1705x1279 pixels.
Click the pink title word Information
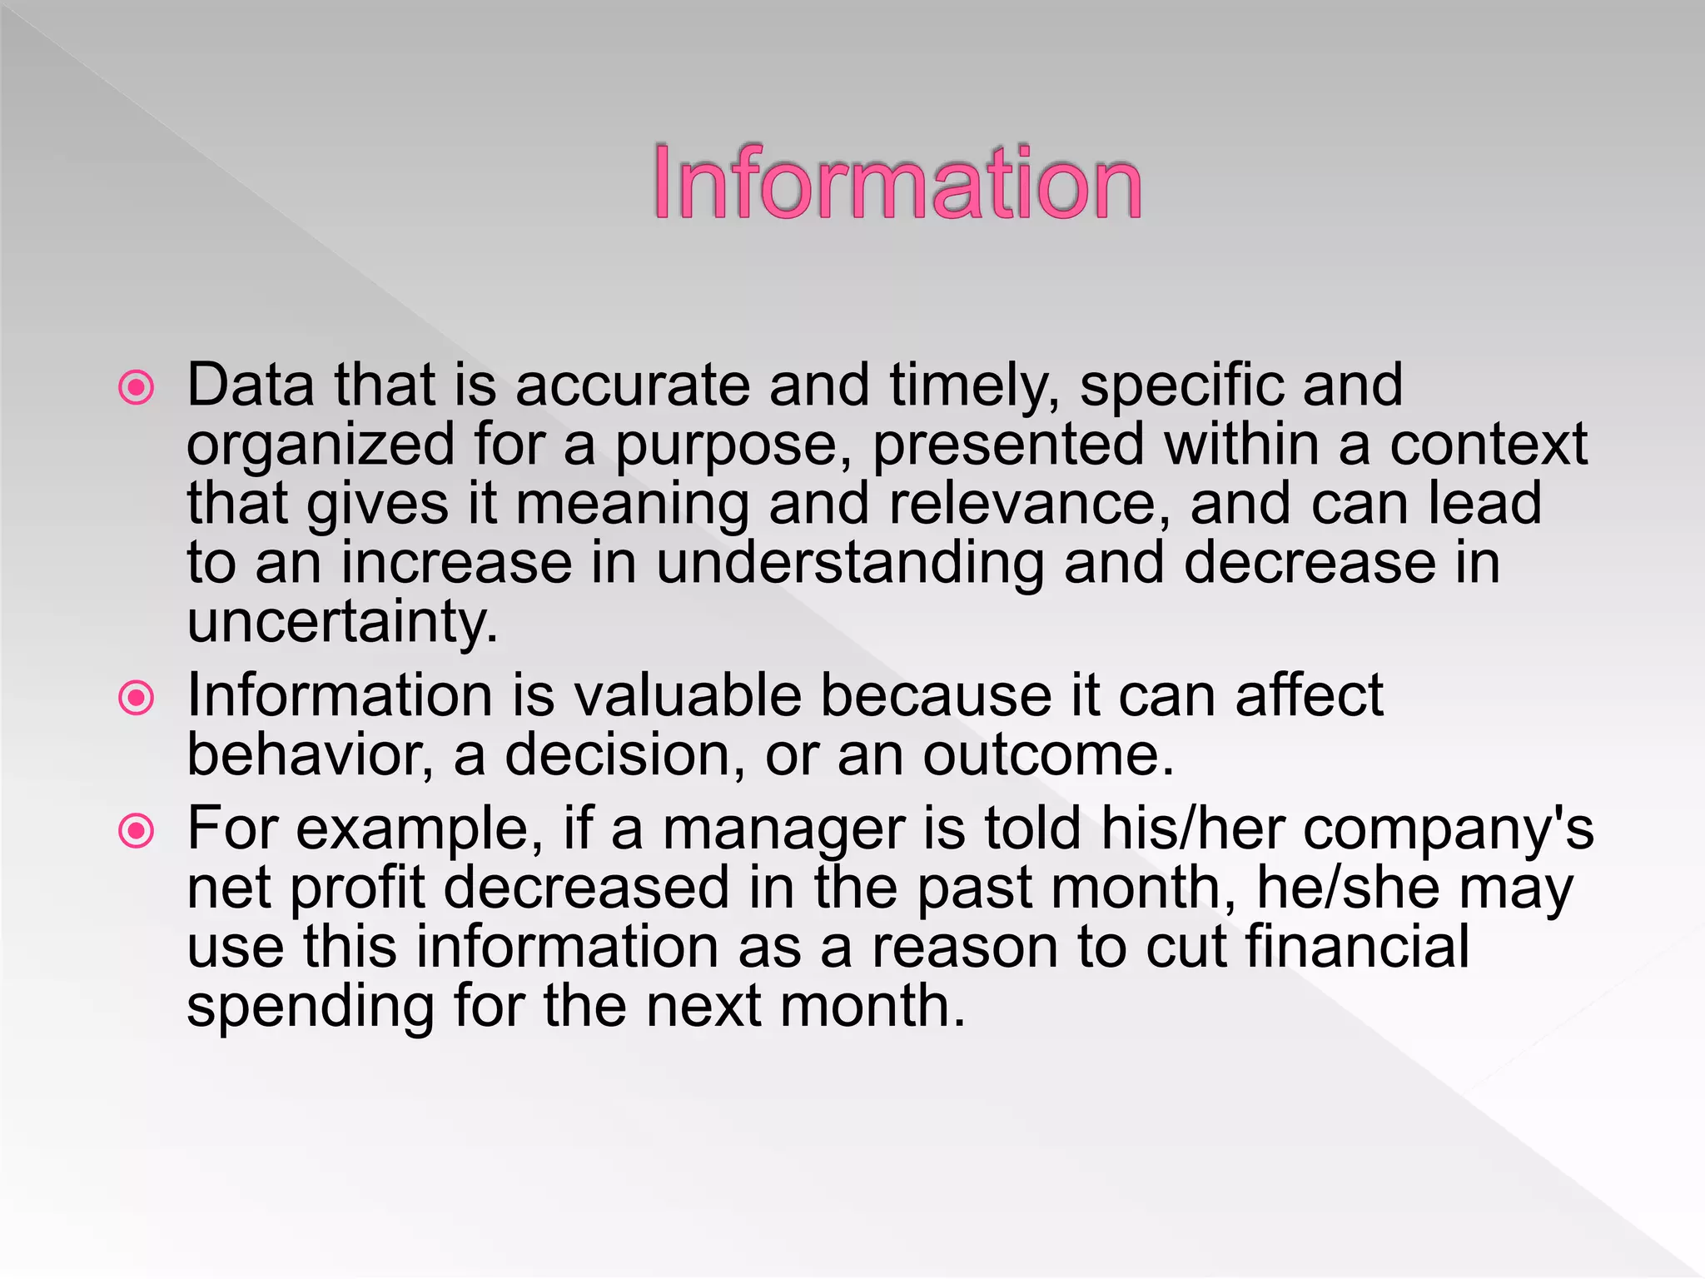(897, 182)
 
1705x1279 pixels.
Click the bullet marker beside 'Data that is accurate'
(137, 387)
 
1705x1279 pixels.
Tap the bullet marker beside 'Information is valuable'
(137, 698)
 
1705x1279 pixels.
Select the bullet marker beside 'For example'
(137, 830)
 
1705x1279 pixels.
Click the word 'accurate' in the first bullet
(633, 386)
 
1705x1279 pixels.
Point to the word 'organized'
(321, 445)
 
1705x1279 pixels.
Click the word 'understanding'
(849, 564)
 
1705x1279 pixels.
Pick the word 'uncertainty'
(342, 623)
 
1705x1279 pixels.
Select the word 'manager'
(783, 829)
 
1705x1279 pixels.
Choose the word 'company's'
(1449, 830)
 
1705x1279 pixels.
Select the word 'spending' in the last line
(311, 1008)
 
